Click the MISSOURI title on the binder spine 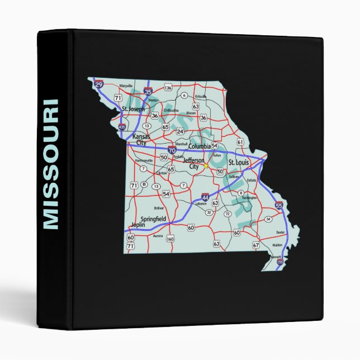(x=50, y=164)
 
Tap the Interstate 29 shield (x=99, y=84)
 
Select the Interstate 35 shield (x=148, y=91)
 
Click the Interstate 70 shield (x=172, y=150)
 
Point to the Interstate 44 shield (x=206, y=198)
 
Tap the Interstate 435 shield (x=122, y=127)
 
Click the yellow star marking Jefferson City (x=206, y=165)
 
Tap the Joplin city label (x=138, y=225)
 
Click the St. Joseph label (x=133, y=108)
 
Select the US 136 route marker (x=168, y=88)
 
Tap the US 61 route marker (x=240, y=142)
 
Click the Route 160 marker (x=170, y=239)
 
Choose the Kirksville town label (x=201, y=97)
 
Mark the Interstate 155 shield (x=280, y=261)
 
